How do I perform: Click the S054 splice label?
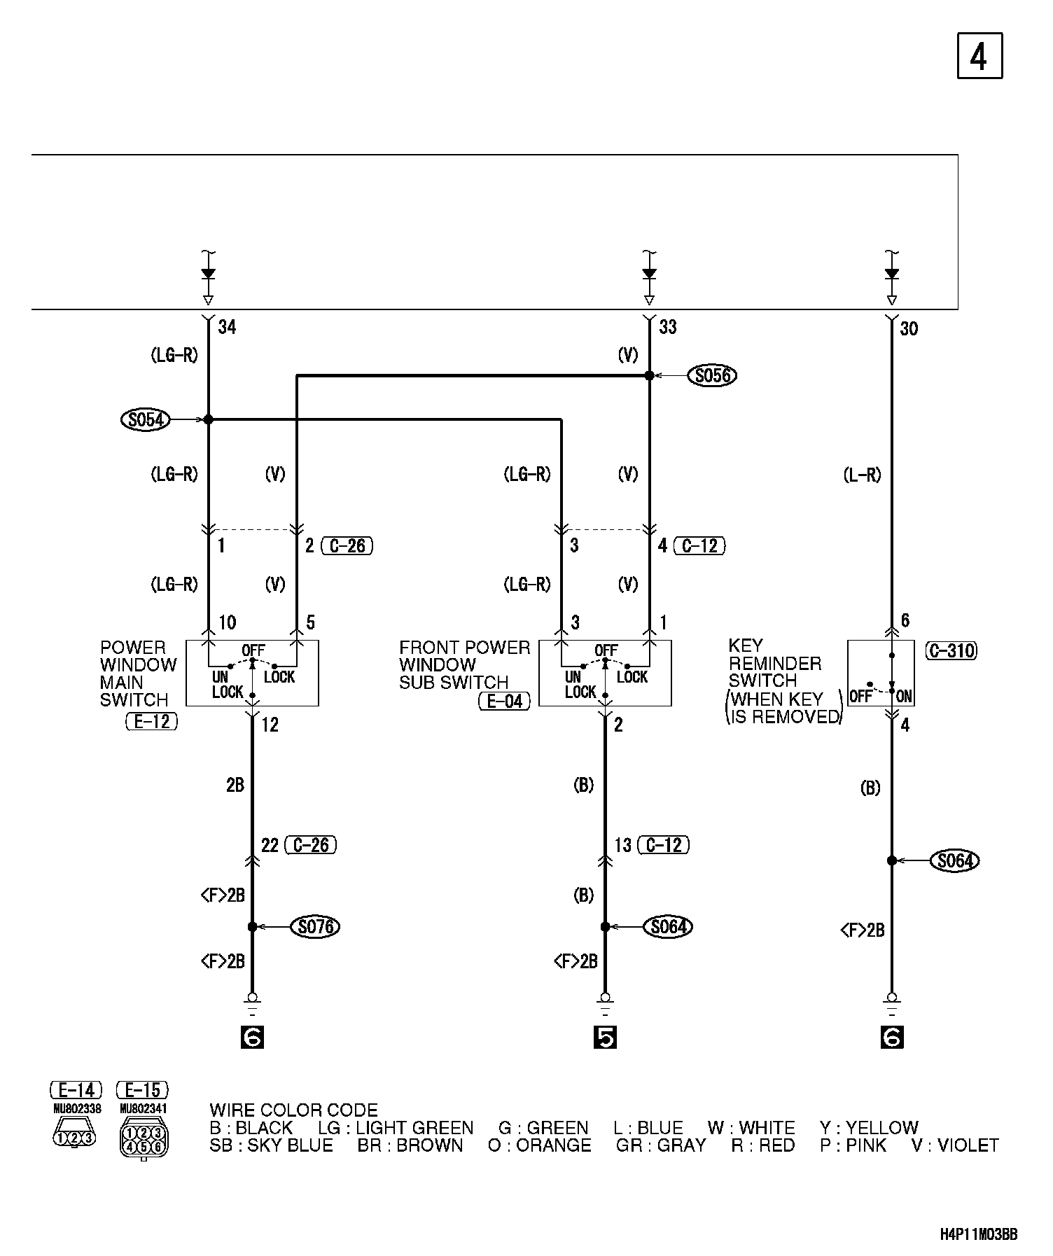[x=146, y=420]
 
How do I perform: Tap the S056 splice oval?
[x=713, y=376]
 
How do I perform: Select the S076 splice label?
[x=316, y=927]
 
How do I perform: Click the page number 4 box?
[x=979, y=56]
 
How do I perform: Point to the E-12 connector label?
[x=152, y=721]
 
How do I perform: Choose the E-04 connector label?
[x=504, y=701]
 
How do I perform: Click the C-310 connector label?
[x=951, y=651]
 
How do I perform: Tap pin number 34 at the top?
[x=227, y=327]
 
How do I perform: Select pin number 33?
[x=668, y=327]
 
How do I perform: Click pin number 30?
[x=908, y=328]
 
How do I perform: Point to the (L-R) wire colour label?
[x=862, y=475]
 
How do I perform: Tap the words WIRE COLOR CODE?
[x=293, y=1110]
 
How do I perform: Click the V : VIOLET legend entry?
[x=954, y=1146]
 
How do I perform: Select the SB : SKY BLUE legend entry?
[x=271, y=1146]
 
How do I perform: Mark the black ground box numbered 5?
[x=605, y=1038]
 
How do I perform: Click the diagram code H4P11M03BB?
[x=978, y=1234]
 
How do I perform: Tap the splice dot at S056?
[x=649, y=376]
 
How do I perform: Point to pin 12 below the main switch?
[x=270, y=725]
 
